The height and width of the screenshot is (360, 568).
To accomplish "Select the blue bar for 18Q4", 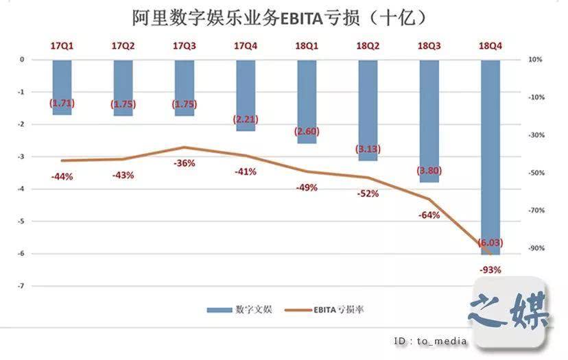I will tap(490, 158).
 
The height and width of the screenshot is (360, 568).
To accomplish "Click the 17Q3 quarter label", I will tap(184, 46).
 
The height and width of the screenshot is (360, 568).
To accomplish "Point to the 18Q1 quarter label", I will tap(307, 46).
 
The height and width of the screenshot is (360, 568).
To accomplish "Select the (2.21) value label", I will tap(245, 119).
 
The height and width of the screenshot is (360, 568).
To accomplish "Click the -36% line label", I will tap(184, 163).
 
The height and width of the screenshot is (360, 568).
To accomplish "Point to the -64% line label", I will tap(429, 215).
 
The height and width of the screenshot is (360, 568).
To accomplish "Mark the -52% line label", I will tap(367, 194).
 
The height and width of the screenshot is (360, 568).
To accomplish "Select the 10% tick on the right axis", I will tap(534, 60).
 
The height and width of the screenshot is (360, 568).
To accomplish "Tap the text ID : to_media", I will tap(430, 341).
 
